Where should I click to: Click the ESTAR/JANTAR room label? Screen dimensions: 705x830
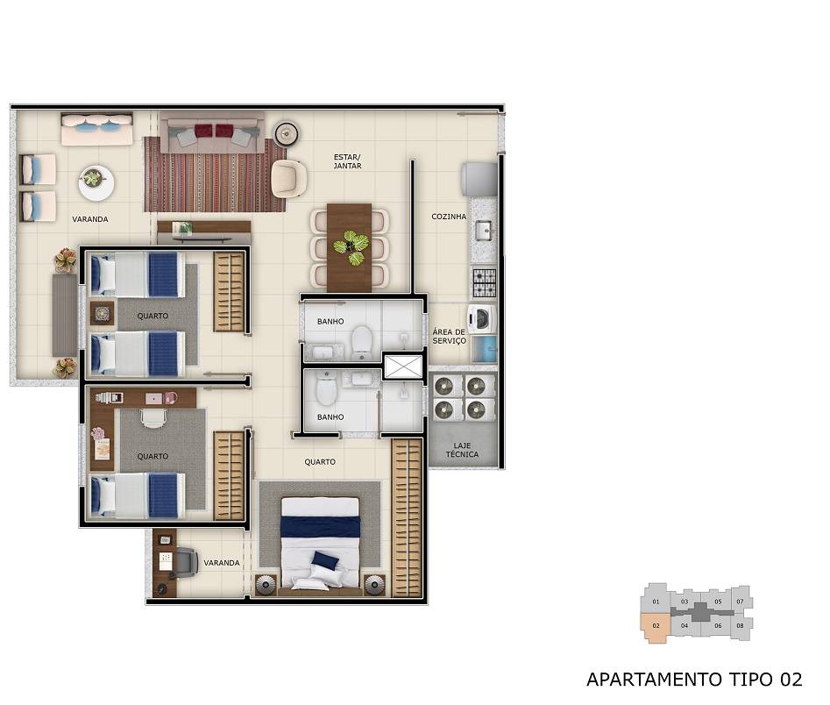(x=347, y=161)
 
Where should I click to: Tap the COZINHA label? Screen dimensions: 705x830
(x=449, y=217)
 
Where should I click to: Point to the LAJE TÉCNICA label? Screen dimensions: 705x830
(x=462, y=450)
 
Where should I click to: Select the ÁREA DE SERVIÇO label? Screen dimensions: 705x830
(x=449, y=336)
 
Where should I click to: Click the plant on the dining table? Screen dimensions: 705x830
(x=351, y=246)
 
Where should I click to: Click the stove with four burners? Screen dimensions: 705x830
(x=484, y=281)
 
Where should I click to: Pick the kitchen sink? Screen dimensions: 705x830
(x=484, y=231)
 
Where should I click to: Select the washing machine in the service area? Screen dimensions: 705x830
(x=481, y=317)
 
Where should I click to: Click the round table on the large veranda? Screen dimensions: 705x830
(x=95, y=182)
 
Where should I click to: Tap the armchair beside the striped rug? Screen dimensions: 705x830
(x=288, y=179)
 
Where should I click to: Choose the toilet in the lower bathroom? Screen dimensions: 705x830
(x=326, y=388)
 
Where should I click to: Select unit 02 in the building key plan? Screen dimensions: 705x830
(x=654, y=626)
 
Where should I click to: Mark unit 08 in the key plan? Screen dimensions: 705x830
(x=741, y=625)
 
